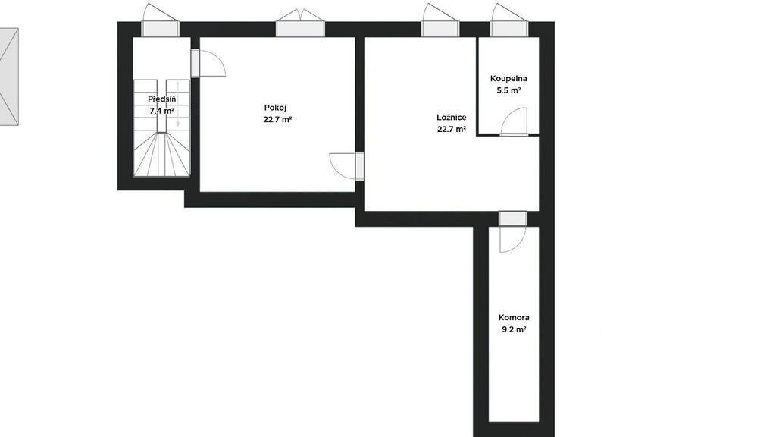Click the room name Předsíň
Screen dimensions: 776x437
pos(162,99)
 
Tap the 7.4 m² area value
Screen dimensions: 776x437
pos(162,111)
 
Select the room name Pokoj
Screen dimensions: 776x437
pos(275,108)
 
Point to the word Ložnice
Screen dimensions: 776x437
pos(452,118)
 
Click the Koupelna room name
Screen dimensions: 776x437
pos(508,78)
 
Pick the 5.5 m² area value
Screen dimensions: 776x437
pos(508,91)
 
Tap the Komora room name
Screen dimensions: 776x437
pos(514,318)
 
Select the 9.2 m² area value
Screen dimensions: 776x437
pos(514,329)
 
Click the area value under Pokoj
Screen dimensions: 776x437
pos(277,119)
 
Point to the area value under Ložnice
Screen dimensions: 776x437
pos(452,130)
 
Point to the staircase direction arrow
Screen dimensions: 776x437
pos(178,105)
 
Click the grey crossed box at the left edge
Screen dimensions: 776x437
pos(9,77)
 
